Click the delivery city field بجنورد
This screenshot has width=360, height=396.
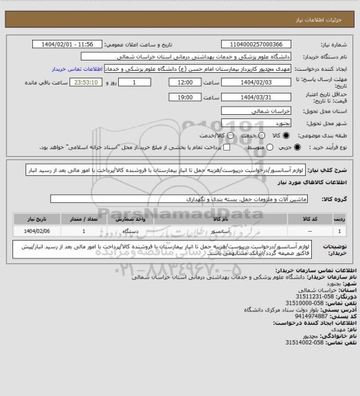pos(258,120)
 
